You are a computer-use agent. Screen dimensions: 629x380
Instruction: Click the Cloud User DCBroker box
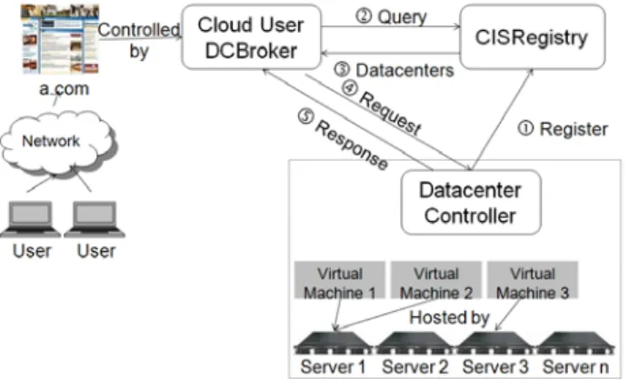pyautogui.click(x=252, y=37)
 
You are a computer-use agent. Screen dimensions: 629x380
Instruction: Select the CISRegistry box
pyautogui.click(x=533, y=37)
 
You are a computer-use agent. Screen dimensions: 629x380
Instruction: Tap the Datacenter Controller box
pyautogui.click(x=471, y=203)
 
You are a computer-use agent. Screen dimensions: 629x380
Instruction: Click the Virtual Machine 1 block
pyautogui.click(x=340, y=280)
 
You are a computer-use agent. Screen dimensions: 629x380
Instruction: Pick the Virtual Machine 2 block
pyautogui.click(x=436, y=280)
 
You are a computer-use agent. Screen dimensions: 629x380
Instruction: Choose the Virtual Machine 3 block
pyautogui.click(x=533, y=280)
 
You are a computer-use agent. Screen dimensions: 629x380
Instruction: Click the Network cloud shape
pyautogui.click(x=59, y=143)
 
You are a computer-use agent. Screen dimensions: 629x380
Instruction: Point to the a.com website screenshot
pyautogui.click(x=60, y=39)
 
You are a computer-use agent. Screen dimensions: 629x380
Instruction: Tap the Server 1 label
pyautogui.click(x=333, y=366)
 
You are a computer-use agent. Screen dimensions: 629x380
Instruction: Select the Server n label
pyautogui.click(x=575, y=366)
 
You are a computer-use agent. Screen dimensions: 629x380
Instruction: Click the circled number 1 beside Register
pyautogui.click(x=526, y=129)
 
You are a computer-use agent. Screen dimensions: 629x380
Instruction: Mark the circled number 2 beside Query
pyautogui.click(x=364, y=16)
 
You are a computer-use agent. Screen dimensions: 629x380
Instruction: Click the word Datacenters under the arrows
pyautogui.click(x=404, y=71)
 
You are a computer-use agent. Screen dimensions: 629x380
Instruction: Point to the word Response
pyautogui.click(x=352, y=145)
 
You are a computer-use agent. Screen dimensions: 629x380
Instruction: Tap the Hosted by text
pyautogui.click(x=449, y=317)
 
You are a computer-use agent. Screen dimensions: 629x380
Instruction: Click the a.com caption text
pyautogui.click(x=65, y=89)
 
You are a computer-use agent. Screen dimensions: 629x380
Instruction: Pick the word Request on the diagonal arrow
pyautogui.click(x=390, y=113)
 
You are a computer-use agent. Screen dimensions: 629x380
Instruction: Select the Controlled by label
pyautogui.click(x=139, y=40)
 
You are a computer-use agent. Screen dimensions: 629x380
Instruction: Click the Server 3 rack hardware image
pyautogui.click(x=495, y=344)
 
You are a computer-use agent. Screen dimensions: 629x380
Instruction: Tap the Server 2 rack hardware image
pyautogui.click(x=414, y=344)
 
